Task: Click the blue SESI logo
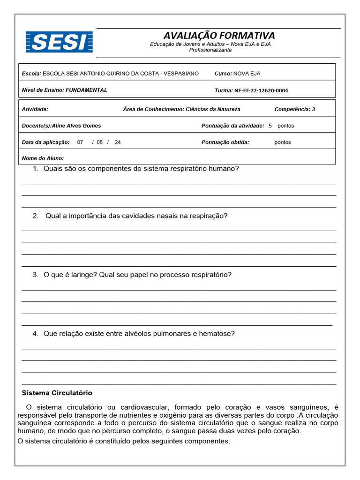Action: click(x=59, y=42)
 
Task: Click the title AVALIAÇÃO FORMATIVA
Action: click(x=219, y=36)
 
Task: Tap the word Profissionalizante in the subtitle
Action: click(x=210, y=50)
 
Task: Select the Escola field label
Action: click(x=31, y=74)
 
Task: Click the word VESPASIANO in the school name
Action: click(x=182, y=74)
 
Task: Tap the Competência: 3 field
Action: click(x=294, y=109)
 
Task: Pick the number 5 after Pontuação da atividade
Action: click(x=270, y=126)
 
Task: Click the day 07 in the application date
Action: click(x=80, y=142)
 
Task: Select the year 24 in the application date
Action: click(x=117, y=142)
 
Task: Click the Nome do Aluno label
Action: click(x=43, y=158)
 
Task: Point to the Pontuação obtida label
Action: click(x=225, y=142)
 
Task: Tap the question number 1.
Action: click(x=35, y=169)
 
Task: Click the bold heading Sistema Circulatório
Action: click(x=57, y=393)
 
